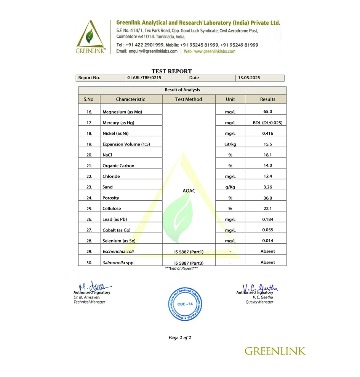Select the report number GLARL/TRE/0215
pos(142,78)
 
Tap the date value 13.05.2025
pos(249,78)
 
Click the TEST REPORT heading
pos(171,71)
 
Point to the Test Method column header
pos(189,99)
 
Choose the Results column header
pos(267,99)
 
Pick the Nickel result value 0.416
pos(267,133)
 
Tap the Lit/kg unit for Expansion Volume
pos(230,144)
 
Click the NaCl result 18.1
pos(267,155)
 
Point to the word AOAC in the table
pos(189,191)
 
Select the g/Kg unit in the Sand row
pos(230,187)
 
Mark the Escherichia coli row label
pos(118,251)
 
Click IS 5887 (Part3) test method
pos(189,263)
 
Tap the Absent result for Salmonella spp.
pos(267,262)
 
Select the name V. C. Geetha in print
pos(262,297)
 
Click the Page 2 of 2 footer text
pos(180,338)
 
